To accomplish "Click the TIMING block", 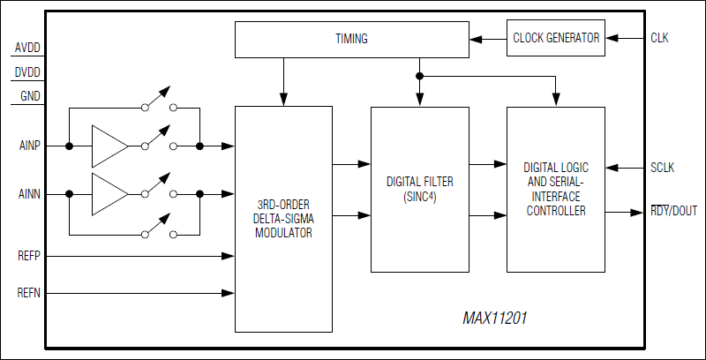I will tap(351, 39).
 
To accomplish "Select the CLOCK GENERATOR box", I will tap(556, 38).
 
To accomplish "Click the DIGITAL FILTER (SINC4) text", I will tap(419, 189).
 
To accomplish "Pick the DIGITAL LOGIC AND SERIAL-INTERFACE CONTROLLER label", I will tap(555, 189).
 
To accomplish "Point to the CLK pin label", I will tap(659, 38).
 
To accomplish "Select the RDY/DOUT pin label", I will tap(673, 212).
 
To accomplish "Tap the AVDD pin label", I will tap(27, 48).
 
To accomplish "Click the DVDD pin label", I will tap(27, 72).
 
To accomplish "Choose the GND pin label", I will tap(29, 96).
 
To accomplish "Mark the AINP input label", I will tap(29, 146).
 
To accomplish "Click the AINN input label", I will tap(29, 193).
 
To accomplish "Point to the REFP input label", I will tap(29, 257).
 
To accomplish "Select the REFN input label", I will tap(29, 292).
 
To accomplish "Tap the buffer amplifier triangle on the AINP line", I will tap(108, 146).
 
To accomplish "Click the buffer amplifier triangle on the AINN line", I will tap(108, 193).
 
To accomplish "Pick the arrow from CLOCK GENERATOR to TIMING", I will tap(487, 38).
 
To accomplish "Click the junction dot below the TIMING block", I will tap(420, 76).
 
